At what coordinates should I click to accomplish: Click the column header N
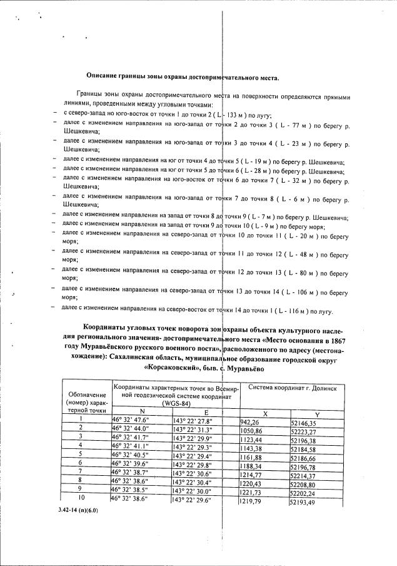point(141,411)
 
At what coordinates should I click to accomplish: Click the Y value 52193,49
point(308,503)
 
